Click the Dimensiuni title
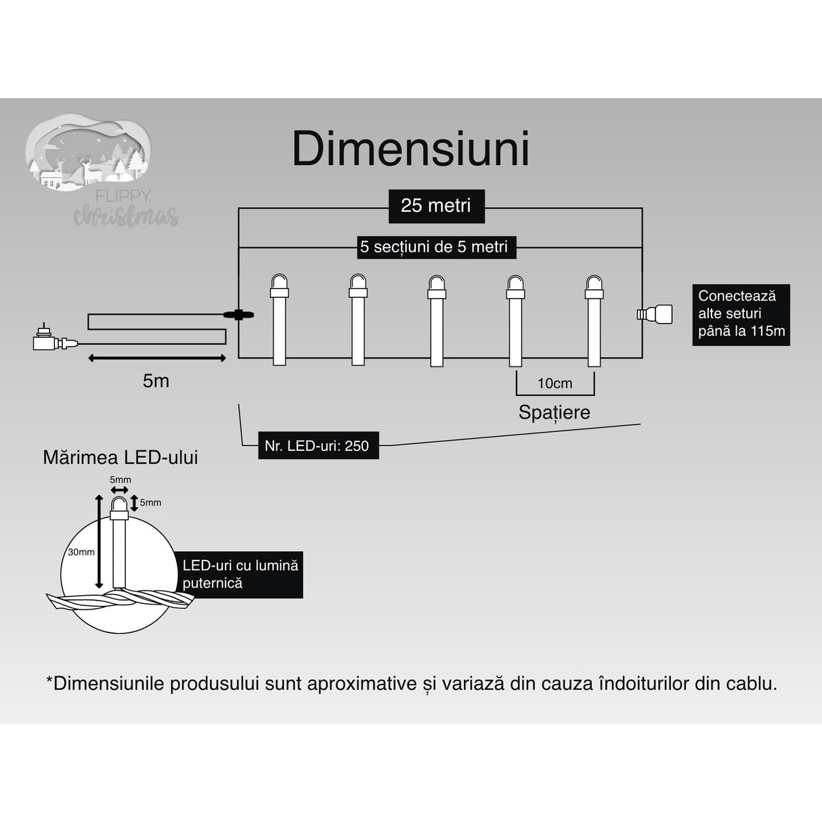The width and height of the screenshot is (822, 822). (410, 149)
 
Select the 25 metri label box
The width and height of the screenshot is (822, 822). (436, 206)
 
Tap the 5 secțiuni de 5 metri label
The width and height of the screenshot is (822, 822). (434, 247)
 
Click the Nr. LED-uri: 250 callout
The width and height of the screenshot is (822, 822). (317, 446)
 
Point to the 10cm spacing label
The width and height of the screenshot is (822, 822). (555, 383)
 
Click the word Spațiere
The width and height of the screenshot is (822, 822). (554, 412)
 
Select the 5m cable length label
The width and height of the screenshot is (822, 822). (156, 381)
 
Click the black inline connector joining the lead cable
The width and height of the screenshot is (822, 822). (238, 314)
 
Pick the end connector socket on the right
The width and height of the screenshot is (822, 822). (655, 313)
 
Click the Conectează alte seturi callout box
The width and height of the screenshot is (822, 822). (740, 314)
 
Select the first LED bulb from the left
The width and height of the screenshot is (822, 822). (279, 318)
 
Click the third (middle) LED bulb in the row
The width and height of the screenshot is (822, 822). (436, 318)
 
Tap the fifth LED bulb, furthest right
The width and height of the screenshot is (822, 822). (594, 318)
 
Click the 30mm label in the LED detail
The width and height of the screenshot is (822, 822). (81, 552)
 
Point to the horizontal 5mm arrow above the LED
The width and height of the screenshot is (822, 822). (120, 490)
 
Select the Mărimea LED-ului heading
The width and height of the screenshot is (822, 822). (121, 458)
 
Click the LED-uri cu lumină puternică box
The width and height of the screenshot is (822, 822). (240, 574)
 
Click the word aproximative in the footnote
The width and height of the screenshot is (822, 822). (362, 683)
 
